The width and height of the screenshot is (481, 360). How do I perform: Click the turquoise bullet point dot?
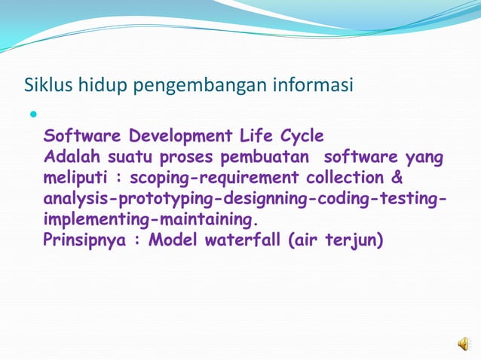[32, 115]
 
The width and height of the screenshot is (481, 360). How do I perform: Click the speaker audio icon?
[462, 344]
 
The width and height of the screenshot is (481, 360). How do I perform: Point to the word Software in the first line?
[82, 136]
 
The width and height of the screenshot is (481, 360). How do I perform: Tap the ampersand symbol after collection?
[397, 178]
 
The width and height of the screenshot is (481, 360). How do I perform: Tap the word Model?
[173, 241]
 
